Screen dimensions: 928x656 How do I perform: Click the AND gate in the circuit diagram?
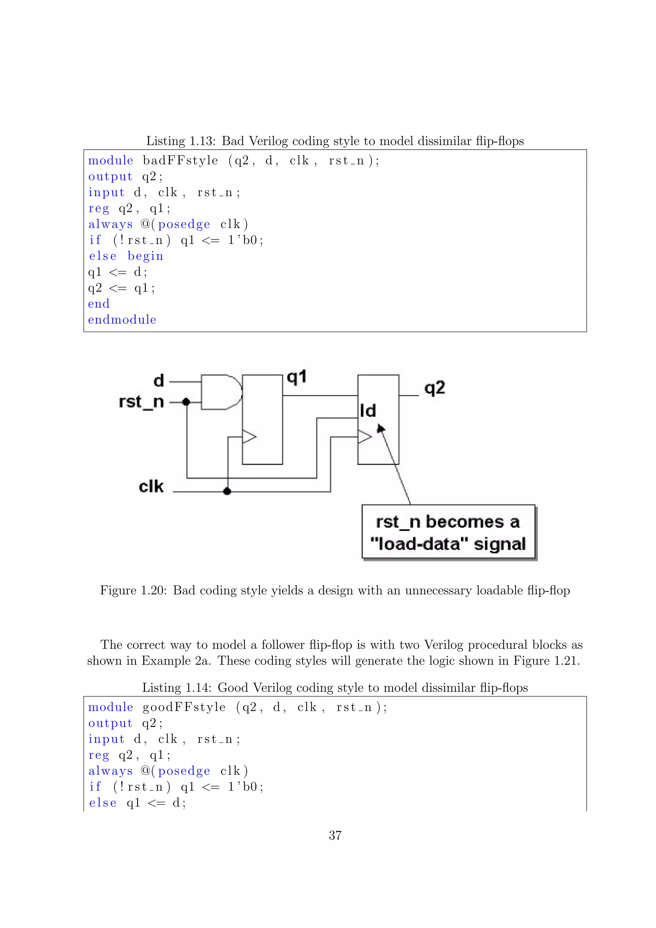click(x=220, y=393)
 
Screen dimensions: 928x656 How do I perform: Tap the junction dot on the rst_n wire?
click(x=186, y=402)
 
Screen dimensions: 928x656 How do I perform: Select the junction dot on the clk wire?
click(x=227, y=491)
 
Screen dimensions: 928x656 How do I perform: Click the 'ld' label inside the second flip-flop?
click(x=368, y=411)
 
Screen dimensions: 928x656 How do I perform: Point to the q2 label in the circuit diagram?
click(x=435, y=388)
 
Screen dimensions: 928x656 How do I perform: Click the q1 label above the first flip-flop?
click(x=297, y=377)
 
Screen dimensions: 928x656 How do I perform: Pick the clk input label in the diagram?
click(x=151, y=487)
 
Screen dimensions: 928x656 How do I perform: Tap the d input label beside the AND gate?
click(x=159, y=381)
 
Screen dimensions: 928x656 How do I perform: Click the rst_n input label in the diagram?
click(x=141, y=402)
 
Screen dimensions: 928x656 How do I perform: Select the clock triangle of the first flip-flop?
click(x=249, y=436)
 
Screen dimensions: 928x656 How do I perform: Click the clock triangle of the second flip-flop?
click(x=364, y=436)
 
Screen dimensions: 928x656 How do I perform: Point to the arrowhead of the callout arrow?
click(x=380, y=428)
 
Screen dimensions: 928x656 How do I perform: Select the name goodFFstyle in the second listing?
click(x=184, y=707)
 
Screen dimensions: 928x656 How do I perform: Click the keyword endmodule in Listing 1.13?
click(x=122, y=320)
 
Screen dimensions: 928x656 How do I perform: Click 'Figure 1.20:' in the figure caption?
click(x=133, y=590)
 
